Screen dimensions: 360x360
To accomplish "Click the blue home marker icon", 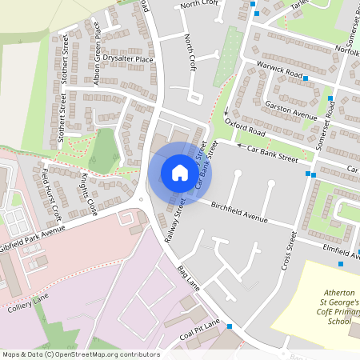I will click(x=180, y=172).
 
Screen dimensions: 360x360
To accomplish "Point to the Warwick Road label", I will click(x=279, y=73).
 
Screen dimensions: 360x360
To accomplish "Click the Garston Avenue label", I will click(x=294, y=112).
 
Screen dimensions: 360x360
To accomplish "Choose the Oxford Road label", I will click(x=245, y=127).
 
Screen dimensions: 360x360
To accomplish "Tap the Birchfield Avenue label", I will click(x=239, y=212).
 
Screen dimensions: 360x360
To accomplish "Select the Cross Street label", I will click(x=289, y=250).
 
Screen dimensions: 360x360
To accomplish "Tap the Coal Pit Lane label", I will click(x=199, y=329).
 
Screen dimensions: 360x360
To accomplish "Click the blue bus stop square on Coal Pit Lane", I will click(x=230, y=326).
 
